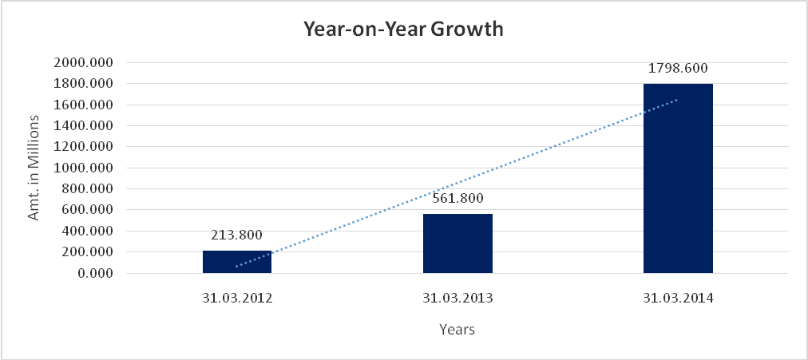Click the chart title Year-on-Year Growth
403,30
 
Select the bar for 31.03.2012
237,262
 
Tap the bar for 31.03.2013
457,243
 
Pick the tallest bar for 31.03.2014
678,178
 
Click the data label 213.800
237,235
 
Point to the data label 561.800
457,199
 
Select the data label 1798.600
678,68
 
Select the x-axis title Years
457,329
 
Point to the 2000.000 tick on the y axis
84,62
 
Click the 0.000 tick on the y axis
94,274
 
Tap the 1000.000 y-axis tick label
84,168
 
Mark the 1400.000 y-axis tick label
84,126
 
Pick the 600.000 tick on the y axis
87,210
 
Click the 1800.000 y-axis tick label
84,84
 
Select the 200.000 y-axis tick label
87,252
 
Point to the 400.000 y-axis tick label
87,231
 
